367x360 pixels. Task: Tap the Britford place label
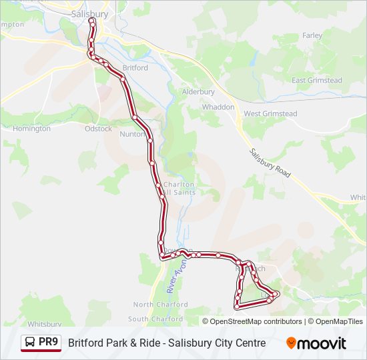click(135, 68)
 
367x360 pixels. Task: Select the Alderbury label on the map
click(199, 92)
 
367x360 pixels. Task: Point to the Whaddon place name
click(218, 107)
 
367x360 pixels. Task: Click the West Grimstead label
click(270, 114)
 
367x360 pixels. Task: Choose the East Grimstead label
click(317, 81)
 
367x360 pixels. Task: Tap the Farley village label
click(312, 35)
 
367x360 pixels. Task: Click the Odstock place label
click(98, 129)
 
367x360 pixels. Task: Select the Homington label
click(31, 129)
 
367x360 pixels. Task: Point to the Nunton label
click(132, 134)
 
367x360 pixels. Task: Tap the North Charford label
click(157, 305)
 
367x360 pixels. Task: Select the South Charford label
click(155, 319)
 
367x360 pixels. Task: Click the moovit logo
click(316, 343)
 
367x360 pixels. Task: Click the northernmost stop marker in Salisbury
click(91, 21)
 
